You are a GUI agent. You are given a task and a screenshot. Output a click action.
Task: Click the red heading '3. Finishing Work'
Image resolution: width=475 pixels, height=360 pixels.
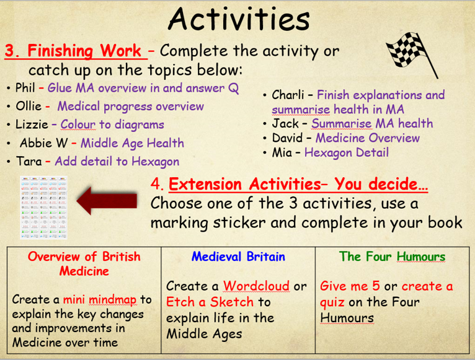(x=75, y=51)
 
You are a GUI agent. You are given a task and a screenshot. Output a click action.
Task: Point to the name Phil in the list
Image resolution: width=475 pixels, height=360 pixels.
(x=25, y=88)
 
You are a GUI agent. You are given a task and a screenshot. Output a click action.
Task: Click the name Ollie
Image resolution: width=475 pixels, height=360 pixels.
(x=29, y=106)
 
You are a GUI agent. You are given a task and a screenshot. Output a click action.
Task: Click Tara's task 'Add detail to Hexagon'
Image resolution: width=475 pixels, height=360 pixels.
(x=117, y=162)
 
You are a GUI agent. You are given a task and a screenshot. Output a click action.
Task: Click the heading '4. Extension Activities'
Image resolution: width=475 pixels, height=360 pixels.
(x=288, y=185)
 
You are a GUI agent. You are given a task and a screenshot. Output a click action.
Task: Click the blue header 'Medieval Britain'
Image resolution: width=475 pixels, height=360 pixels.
(x=238, y=257)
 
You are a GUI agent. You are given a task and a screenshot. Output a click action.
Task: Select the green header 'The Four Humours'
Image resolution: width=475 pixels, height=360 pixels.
(x=392, y=257)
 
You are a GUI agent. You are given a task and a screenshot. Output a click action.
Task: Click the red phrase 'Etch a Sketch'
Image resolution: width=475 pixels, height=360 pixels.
(x=210, y=302)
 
